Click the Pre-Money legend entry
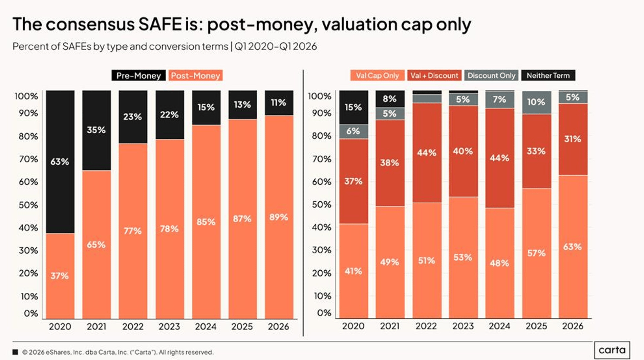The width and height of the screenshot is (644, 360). pyautogui.click(x=138, y=75)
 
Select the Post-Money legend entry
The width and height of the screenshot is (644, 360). pyautogui.click(x=195, y=75)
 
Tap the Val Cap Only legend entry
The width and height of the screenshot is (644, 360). pyautogui.click(x=377, y=75)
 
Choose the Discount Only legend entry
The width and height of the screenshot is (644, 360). pyautogui.click(x=491, y=75)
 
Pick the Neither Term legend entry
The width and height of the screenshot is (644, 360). pyautogui.click(x=548, y=75)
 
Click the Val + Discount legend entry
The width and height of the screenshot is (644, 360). pyautogui.click(x=434, y=75)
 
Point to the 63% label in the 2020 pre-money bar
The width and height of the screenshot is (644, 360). pyautogui.click(x=60, y=162)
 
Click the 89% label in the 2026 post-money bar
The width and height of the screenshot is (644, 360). pyautogui.click(x=279, y=217)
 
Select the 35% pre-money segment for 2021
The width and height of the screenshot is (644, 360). pyautogui.click(x=96, y=130)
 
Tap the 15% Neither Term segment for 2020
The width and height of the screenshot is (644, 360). pyautogui.click(x=353, y=107)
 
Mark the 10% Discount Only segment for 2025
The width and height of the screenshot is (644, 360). pyautogui.click(x=536, y=102)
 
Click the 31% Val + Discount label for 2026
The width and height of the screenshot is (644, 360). pyautogui.click(x=573, y=139)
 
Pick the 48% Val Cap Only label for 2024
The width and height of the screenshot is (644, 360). pyautogui.click(x=499, y=263)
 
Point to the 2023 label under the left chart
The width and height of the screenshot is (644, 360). pyautogui.click(x=169, y=327)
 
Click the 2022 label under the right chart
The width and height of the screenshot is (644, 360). pyautogui.click(x=426, y=326)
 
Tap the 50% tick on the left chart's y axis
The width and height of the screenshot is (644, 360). pyautogui.click(x=28, y=205)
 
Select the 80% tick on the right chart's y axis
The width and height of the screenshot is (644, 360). pyautogui.click(x=322, y=136)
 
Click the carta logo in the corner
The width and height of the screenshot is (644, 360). pyautogui.click(x=612, y=350)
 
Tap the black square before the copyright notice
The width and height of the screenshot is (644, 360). pyautogui.click(x=15, y=352)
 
